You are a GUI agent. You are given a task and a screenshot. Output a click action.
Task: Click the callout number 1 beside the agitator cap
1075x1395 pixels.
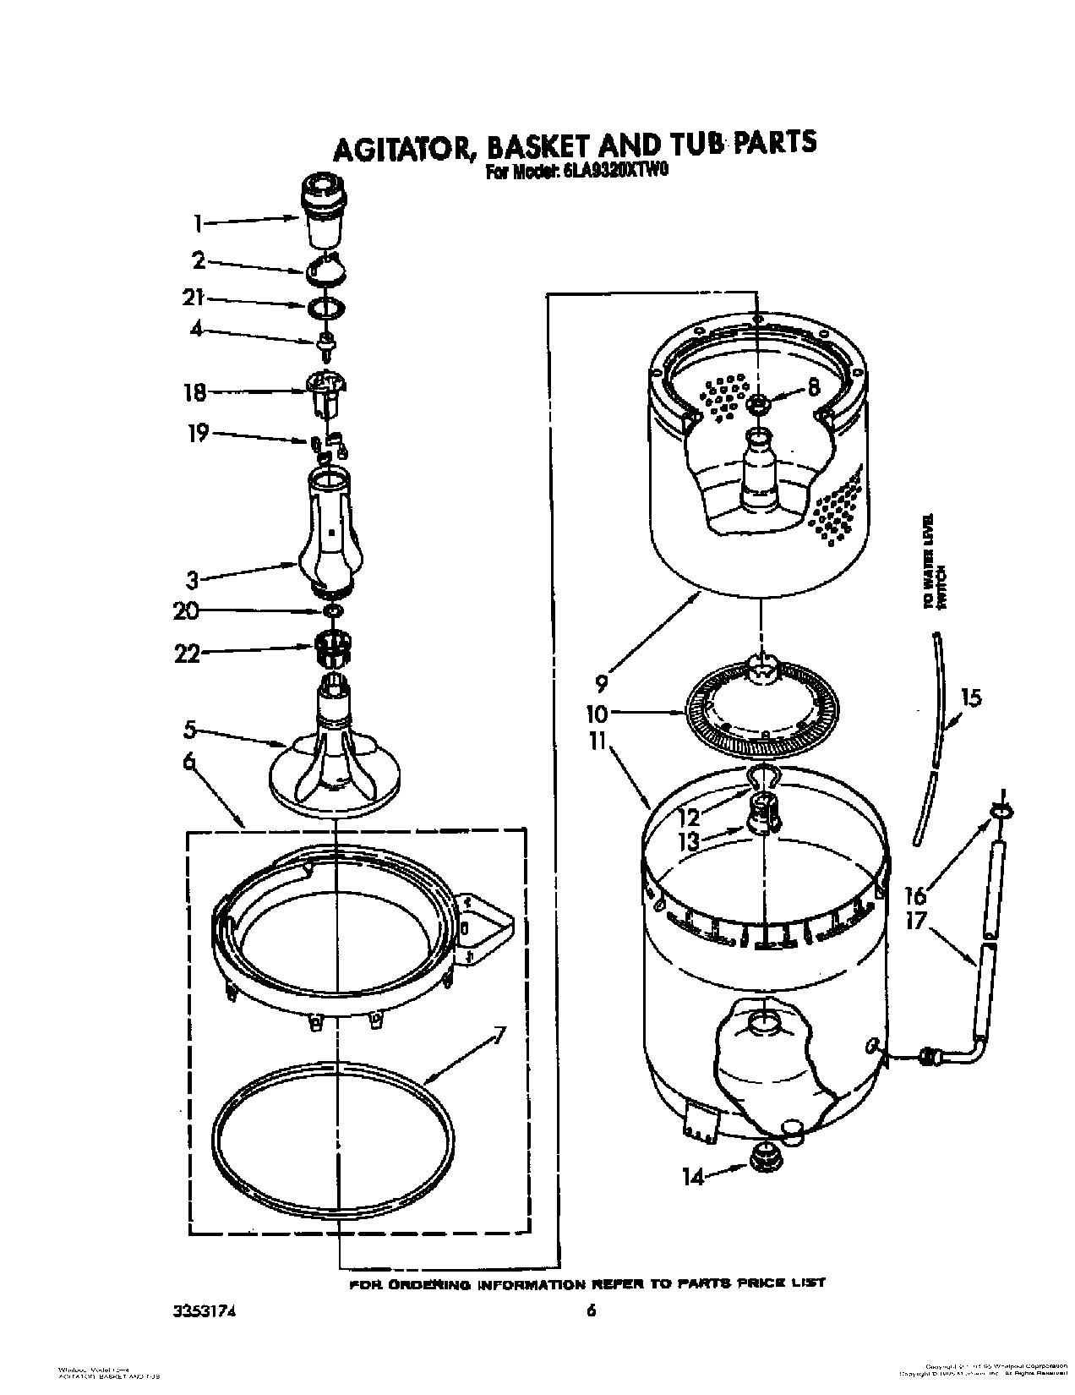(197, 224)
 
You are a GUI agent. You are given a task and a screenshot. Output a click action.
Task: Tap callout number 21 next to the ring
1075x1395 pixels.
(194, 298)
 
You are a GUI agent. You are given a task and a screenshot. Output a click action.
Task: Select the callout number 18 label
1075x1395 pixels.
(194, 392)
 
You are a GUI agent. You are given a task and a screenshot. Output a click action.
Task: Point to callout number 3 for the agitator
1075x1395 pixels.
(194, 579)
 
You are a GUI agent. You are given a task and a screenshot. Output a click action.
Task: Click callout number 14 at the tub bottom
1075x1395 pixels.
(692, 1175)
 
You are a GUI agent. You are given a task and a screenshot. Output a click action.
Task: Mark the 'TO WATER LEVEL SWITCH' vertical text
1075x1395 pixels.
(931, 561)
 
